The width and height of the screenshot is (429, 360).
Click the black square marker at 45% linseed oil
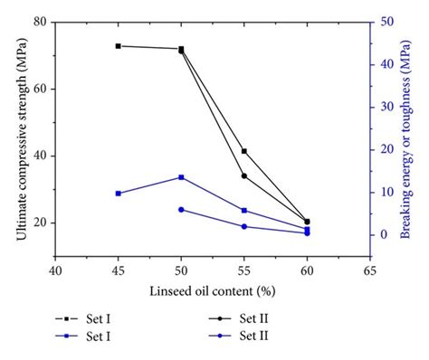pos(119,46)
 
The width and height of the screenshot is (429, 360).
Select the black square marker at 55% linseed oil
pos(244,151)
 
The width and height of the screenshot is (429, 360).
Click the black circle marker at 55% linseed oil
pos(244,175)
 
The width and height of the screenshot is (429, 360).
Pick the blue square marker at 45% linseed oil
pos(119,194)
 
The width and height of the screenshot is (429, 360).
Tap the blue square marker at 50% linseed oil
pos(181,177)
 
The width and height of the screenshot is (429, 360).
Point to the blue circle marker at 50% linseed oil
pos(181,209)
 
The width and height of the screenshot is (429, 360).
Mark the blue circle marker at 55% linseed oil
pos(244,226)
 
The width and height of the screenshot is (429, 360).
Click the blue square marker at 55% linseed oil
pos(244,211)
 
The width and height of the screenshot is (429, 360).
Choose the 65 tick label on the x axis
pos(369,270)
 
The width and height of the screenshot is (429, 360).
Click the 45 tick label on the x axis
pos(119,270)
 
